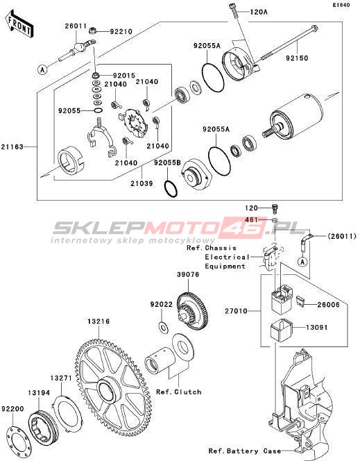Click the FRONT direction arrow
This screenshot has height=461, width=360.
[x=19, y=25]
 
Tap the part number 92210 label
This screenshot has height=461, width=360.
[x=121, y=31]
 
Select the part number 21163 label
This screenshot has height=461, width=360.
[x=12, y=146]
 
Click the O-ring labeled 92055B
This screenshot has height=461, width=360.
[x=171, y=190]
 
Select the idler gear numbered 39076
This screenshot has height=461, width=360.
[x=193, y=311]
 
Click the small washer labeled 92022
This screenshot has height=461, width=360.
[x=163, y=328]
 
